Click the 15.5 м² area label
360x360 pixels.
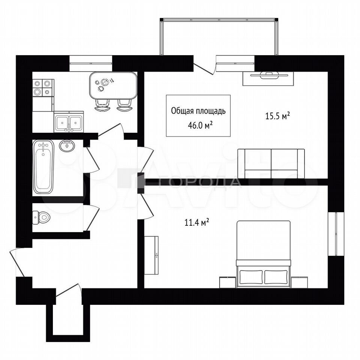coord(277,115)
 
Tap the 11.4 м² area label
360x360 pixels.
coord(197,222)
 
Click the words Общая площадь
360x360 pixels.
coord(198,111)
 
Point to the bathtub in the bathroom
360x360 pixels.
coord(43,167)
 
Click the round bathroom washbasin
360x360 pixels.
coord(67,145)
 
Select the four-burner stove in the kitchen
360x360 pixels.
coord(43,88)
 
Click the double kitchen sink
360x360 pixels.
coord(69,122)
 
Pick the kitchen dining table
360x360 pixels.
coord(113,85)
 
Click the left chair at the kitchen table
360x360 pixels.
coord(102,105)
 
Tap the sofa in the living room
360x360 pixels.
coord(271,163)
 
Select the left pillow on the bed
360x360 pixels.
coord(251,277)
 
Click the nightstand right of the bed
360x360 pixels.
coord(299,282)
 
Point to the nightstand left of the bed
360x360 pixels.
coord(228,282)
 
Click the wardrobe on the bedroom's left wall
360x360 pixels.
coord(151,255)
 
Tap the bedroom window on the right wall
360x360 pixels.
coord(336,234)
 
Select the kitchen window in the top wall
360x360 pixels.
coord(91,63)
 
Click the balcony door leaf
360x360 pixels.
coord(204,69)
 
